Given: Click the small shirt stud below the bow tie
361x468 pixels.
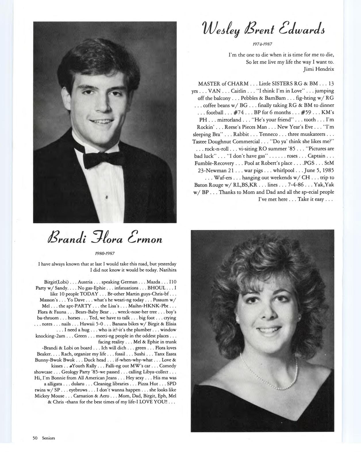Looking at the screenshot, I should (x=107, y=197).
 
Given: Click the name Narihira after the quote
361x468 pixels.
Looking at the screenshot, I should (x=164, y=270).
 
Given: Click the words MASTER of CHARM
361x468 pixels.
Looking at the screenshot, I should (x=223, y=84).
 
